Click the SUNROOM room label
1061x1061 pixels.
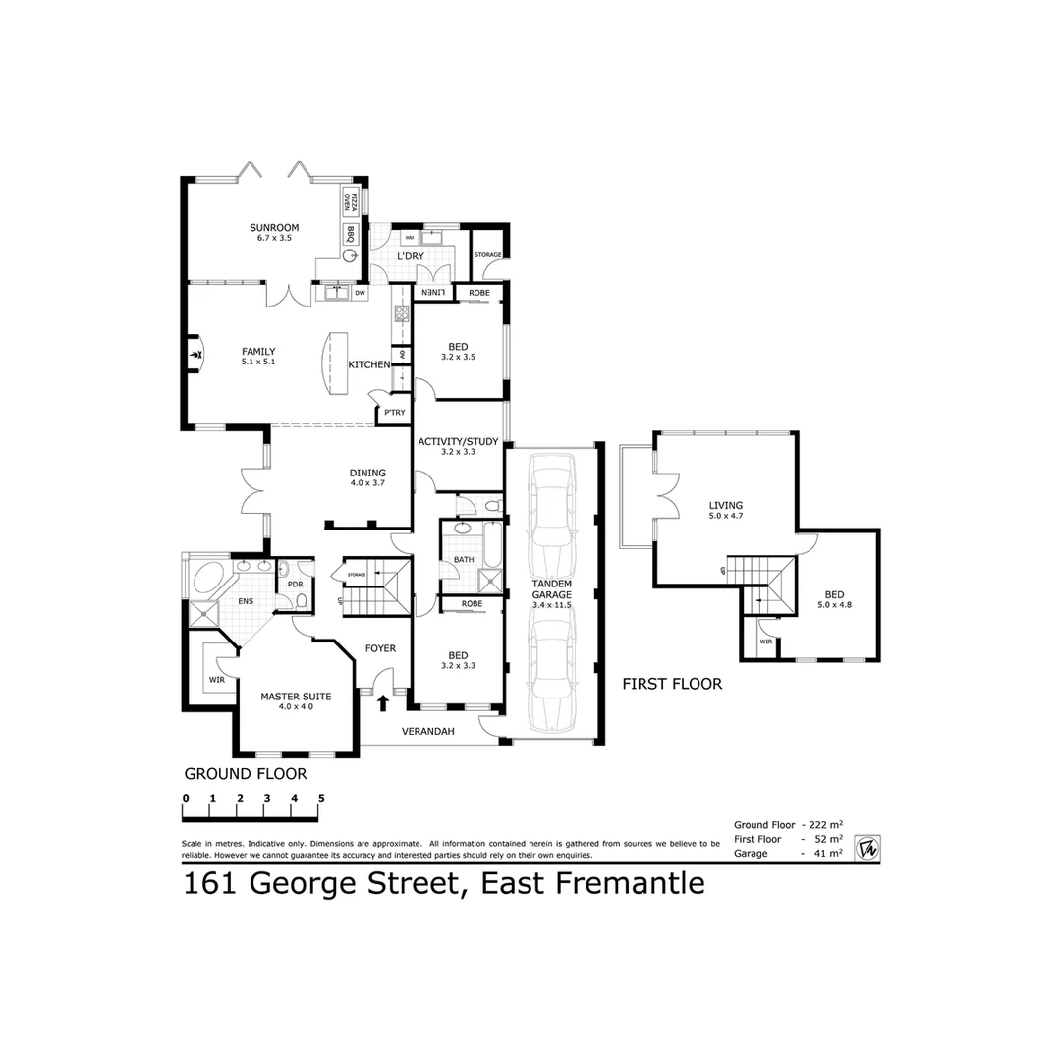274,228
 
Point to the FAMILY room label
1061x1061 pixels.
258,352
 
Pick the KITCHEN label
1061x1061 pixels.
369,365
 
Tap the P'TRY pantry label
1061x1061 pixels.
394,412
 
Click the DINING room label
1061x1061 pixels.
367,473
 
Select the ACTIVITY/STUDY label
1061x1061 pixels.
458,442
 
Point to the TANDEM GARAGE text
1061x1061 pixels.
551,588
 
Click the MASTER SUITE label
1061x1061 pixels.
296,696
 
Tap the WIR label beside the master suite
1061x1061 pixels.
216,679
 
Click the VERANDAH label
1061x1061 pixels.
428,731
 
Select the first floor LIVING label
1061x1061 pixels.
726,506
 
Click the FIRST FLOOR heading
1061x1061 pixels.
672,684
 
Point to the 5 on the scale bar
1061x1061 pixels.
320,797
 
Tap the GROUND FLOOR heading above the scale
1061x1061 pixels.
246,774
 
